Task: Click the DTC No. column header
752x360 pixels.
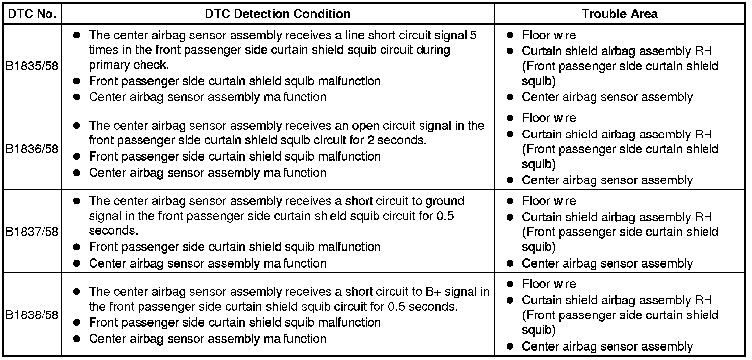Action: (x=32, y=14)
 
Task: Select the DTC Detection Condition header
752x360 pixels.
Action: (x=278, y=14)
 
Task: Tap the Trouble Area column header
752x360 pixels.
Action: (x=619, y=14)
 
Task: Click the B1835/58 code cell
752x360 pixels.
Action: (x=32, y=66)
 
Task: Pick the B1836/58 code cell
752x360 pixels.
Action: (x=32, y=149)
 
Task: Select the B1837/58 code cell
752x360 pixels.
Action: (x=32, y=232)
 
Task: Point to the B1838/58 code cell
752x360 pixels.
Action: (x=32, y=315)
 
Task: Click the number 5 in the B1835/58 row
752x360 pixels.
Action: (x=474, y=35)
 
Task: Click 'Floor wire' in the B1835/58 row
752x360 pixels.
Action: (x=549, y=35)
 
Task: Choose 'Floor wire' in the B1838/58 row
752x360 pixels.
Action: (x=549, y=284)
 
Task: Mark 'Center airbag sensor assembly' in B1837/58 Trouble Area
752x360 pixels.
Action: (x=607, y=263)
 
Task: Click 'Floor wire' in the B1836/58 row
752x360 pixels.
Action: (x=549, y=118)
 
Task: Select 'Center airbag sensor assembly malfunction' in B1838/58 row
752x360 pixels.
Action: (x=207, y=339)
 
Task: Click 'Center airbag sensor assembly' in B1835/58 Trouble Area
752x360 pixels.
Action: (x=607, y=97)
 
